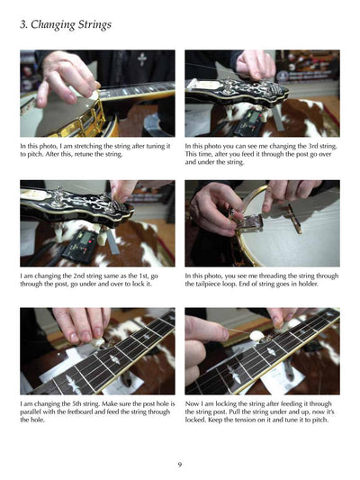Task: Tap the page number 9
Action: pyautogui.click(x=180, y=464)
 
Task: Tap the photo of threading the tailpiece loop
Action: pyautogui.click(x=262, y=223)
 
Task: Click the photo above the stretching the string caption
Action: pyautogui.click(x=97, y=94)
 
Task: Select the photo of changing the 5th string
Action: pyautogui.click(x=97, y=352)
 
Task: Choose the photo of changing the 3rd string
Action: pyautogui.click(x=262, y=94)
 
